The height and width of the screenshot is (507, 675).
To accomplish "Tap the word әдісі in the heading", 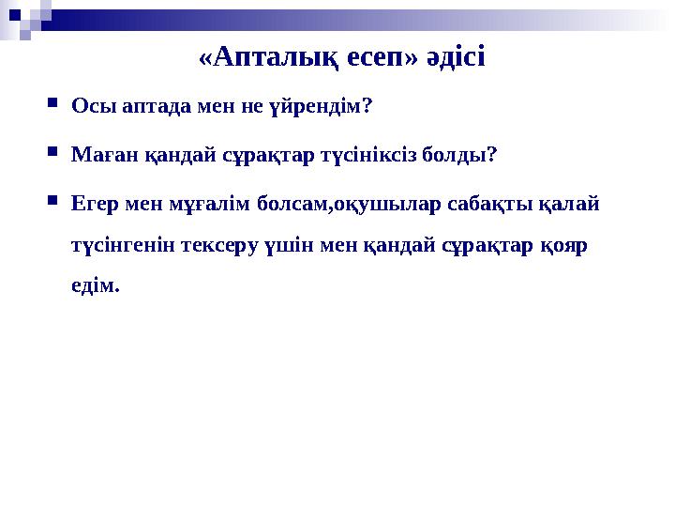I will [x=454, y=59].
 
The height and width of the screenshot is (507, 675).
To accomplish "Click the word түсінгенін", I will [x=121, y=244].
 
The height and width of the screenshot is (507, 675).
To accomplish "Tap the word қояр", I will [x=567, y=244].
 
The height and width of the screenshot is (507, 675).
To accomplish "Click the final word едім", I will [x=96, y=285].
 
